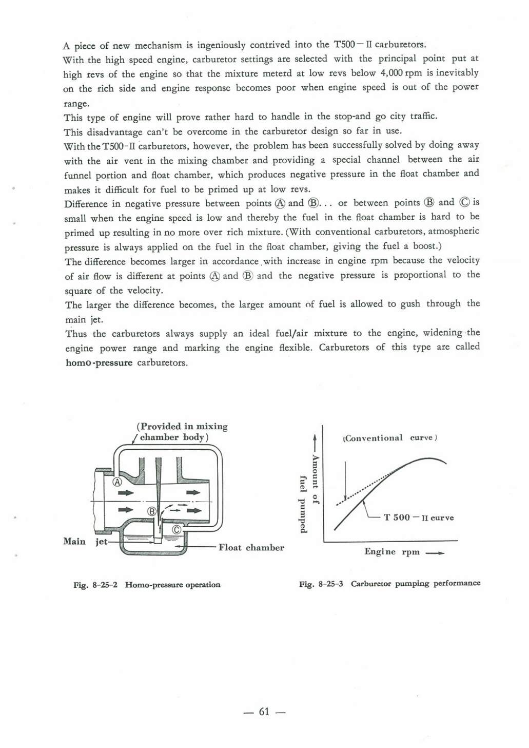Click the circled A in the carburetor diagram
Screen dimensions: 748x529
point(117,482)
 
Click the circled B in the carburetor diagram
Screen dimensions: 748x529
point(152,511)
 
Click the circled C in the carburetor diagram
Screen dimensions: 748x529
point(176,529)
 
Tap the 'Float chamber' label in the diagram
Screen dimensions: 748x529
point(251,547)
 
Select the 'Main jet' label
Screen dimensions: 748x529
point(85,541)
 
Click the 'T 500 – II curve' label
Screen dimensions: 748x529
point(419,517)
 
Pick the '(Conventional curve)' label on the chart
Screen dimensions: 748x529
point(389,438)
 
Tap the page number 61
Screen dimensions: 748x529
point(264,712)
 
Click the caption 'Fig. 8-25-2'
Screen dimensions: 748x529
point(95,585)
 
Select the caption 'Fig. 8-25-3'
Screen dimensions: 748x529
point(321,584)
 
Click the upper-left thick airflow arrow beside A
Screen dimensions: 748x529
point(126,493)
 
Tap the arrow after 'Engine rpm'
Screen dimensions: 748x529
point(435,553)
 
